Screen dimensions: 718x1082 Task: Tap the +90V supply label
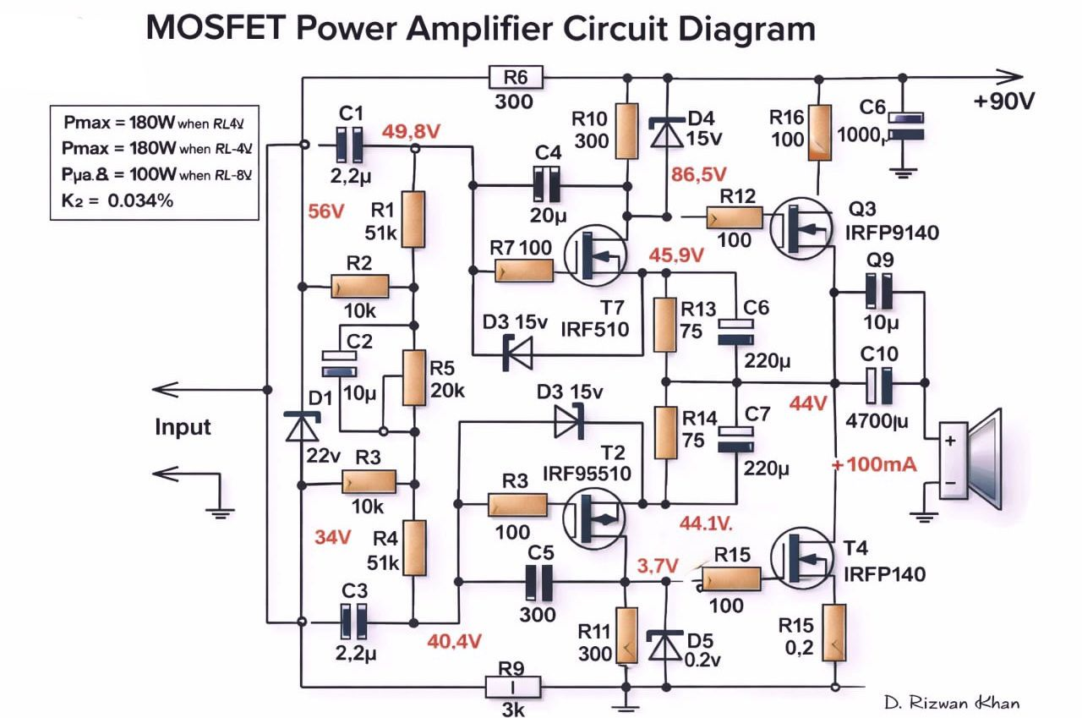(x=1004, y=101)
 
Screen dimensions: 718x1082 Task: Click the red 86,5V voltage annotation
(x=698, y=175)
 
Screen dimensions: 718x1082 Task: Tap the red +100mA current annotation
(x=873, y=465)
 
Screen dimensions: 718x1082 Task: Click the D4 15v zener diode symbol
(x=666, y=134)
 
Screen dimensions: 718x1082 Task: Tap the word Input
(x=183, y=427)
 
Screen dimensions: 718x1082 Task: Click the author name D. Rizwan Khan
(x=951, y=703)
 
